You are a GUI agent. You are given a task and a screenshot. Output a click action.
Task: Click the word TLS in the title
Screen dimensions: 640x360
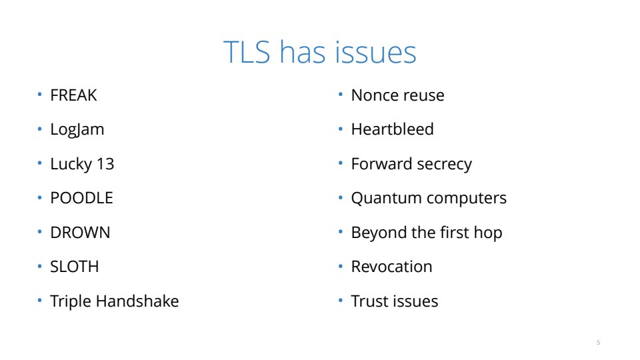pyautogui.click(x=247, y=52)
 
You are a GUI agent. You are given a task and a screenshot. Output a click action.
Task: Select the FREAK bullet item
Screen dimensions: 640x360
pyautogui.click(x=73, y=95)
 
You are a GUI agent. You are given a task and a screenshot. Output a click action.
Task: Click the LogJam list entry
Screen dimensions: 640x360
pyautogui.click(x=77, y=130)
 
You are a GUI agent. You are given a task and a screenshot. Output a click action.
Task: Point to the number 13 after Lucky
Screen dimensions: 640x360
pyautogui.click(x=105, y=164)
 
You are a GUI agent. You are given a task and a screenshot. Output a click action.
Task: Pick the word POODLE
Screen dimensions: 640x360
pyautogui.click(x=81, y=198)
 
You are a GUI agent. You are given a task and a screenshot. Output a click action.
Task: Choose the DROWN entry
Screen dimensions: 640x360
pyautogui.click(x=80, y=233)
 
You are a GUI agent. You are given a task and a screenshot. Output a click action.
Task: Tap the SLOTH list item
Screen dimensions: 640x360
pyautogui.click(x=74, y=267)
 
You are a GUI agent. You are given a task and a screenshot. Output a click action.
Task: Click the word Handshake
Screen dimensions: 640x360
pyautogui.click(x=137, y=301)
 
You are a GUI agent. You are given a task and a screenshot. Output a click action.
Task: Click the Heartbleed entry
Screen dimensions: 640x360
pyautogui.click(x=392, y=129)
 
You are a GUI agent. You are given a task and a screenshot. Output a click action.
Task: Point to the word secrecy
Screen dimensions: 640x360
pyautogui.click(x=445, y=164)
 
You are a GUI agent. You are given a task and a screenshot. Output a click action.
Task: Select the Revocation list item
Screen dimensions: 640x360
pyautogui.click(x=391, y=267)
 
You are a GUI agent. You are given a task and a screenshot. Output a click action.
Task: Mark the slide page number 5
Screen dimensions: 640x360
pyautogui.click(x=599, y=343)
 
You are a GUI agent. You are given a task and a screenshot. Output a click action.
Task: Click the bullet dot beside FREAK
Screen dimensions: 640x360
pyautogui.click(x=39, y=95)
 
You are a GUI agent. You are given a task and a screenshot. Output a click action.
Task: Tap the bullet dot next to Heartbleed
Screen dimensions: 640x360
pyautogui.click(x=341, y=129)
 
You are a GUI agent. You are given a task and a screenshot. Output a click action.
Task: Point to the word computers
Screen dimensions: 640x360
pyautogui.click(x=467, y=199)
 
